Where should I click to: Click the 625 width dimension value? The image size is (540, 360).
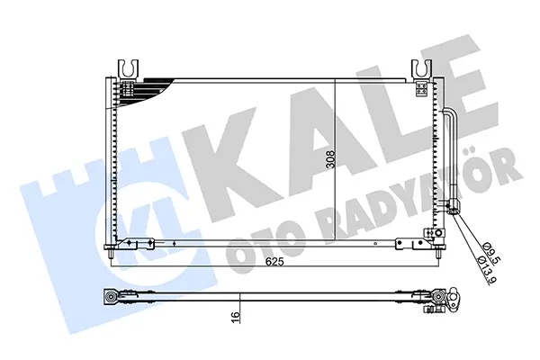pos(274,262)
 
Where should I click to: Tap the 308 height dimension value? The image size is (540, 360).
pos(330,159)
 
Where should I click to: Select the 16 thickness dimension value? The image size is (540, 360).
pos(236,315)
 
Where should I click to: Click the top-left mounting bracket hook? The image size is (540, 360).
pos(128,68)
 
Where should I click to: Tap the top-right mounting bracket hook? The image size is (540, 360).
pos(421,68)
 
